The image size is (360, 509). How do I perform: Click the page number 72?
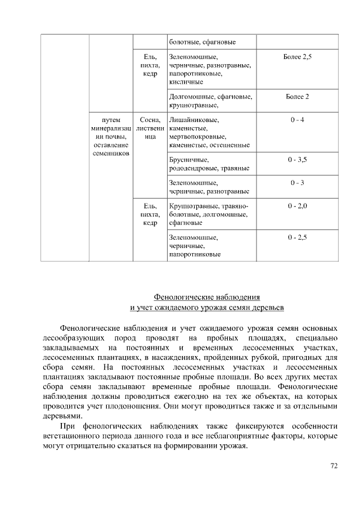(333, 466)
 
